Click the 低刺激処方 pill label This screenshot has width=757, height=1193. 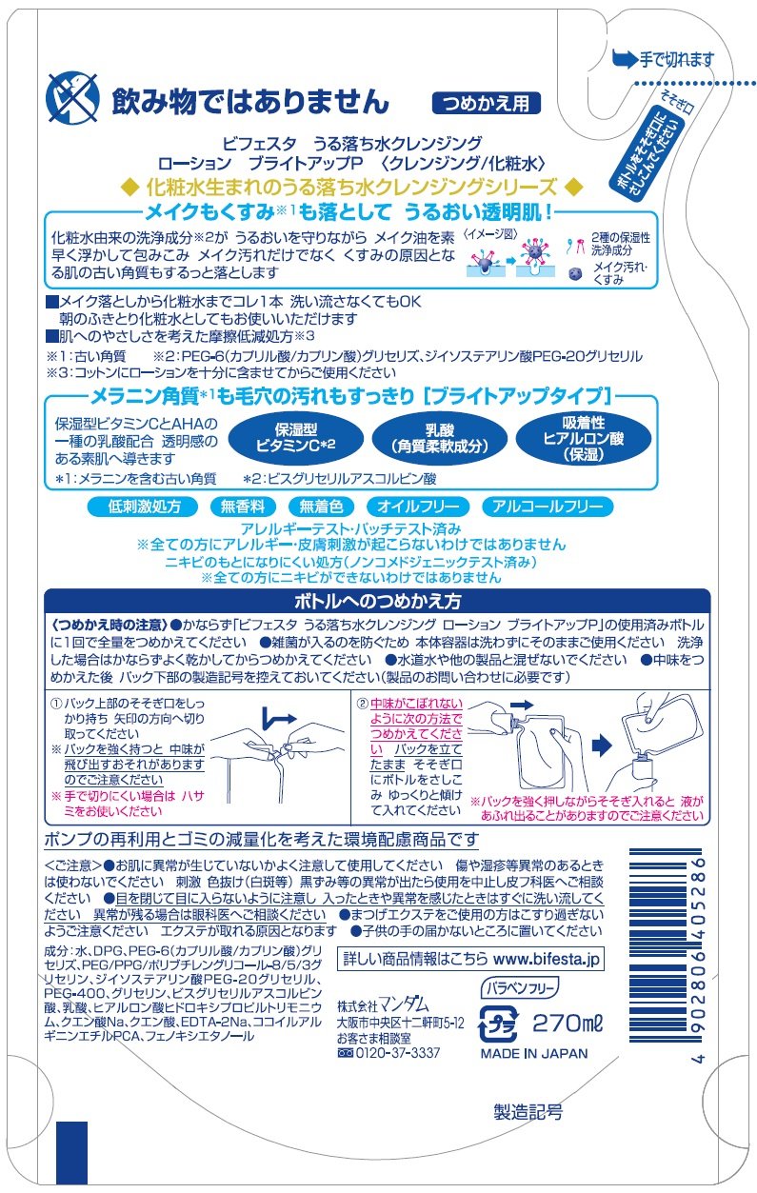(x=143, y=506)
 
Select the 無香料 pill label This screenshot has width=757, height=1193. (x=243, y=506)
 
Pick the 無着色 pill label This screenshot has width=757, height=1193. (x=321, y=506)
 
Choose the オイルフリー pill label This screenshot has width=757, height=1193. (x=418, y=506)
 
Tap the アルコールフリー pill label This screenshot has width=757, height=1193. (x=548, y=506)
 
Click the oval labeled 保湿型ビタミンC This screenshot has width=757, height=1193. (x=296, y=438)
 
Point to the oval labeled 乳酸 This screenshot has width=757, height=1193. (x=440, y=438)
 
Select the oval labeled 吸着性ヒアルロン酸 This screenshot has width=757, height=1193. (x=584, y=438)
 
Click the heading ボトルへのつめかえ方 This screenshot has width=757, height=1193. (x=377, y=602)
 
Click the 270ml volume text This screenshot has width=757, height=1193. (x=568, y=1022)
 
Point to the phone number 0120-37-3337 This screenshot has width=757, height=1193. (x=397, y=1053)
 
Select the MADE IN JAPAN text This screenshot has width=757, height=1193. (x=534, y=1053)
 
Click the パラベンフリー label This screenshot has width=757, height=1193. (x=520, y=988)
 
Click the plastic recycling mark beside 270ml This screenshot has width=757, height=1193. (x=499, y=1024)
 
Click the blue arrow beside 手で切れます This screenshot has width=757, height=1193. (x=625, y=58)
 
